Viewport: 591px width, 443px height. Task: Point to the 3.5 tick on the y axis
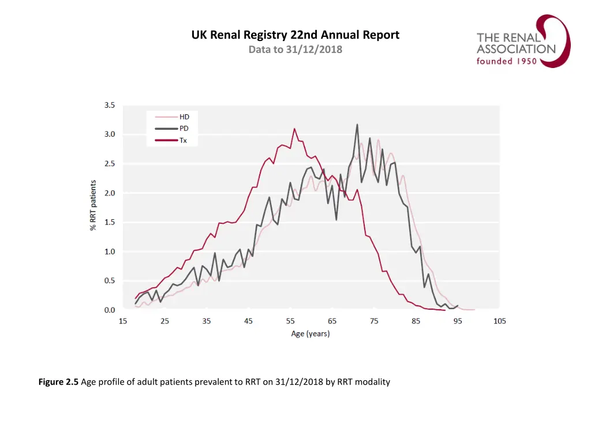[109, 106]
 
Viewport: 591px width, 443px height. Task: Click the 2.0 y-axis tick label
[109, 193]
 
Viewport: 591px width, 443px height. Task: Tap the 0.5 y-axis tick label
[109, 281]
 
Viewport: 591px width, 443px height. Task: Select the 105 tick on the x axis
[499, 321]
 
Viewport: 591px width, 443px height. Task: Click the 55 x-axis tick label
[290, 321]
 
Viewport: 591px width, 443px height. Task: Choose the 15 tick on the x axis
[124, 321]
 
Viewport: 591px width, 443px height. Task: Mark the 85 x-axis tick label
[416, 321]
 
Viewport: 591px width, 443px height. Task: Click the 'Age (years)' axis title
[310, 334]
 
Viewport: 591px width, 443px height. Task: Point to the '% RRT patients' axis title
[92, 206]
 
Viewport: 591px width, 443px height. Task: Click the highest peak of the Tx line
[294, 129]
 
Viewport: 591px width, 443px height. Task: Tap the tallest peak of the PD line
[357, 124]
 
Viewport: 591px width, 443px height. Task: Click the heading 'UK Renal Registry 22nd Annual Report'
[295, 35]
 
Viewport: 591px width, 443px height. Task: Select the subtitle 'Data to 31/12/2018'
[295, 50]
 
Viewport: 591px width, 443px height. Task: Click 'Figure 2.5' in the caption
[58, 382]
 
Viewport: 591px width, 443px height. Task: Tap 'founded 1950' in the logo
[506, 61]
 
